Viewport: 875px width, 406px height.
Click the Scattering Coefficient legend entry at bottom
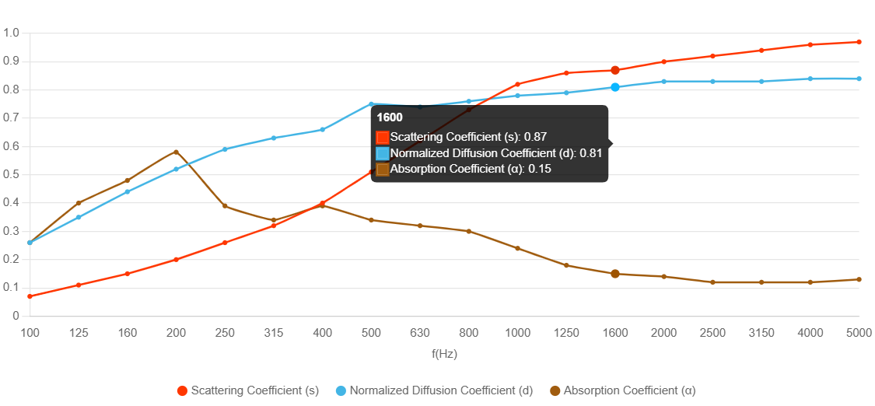coord(248,390)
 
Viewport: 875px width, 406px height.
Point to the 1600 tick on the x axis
coord(615,333)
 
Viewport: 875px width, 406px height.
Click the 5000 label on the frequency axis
coord(859,333)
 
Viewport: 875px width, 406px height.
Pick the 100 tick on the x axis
coord(30,333)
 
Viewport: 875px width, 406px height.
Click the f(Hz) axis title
coord(444,354)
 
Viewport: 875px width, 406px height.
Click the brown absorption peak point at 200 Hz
coord(177,152)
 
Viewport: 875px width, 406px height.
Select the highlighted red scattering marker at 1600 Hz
coord(615,70)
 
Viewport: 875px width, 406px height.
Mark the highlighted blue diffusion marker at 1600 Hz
coord(615,87)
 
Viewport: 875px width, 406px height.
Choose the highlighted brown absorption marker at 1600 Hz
coord(615,274)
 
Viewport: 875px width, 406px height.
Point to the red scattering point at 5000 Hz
coord(859,42)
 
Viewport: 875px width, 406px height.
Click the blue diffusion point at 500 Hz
coord(371,103)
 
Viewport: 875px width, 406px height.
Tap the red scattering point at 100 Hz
coord(30,296)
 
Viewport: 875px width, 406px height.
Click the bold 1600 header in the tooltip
coord(390,117)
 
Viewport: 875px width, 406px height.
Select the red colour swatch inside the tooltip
coord(383,137)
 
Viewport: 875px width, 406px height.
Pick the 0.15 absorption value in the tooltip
coord(540,169)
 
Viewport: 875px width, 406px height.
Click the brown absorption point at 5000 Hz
coord(859,279)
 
